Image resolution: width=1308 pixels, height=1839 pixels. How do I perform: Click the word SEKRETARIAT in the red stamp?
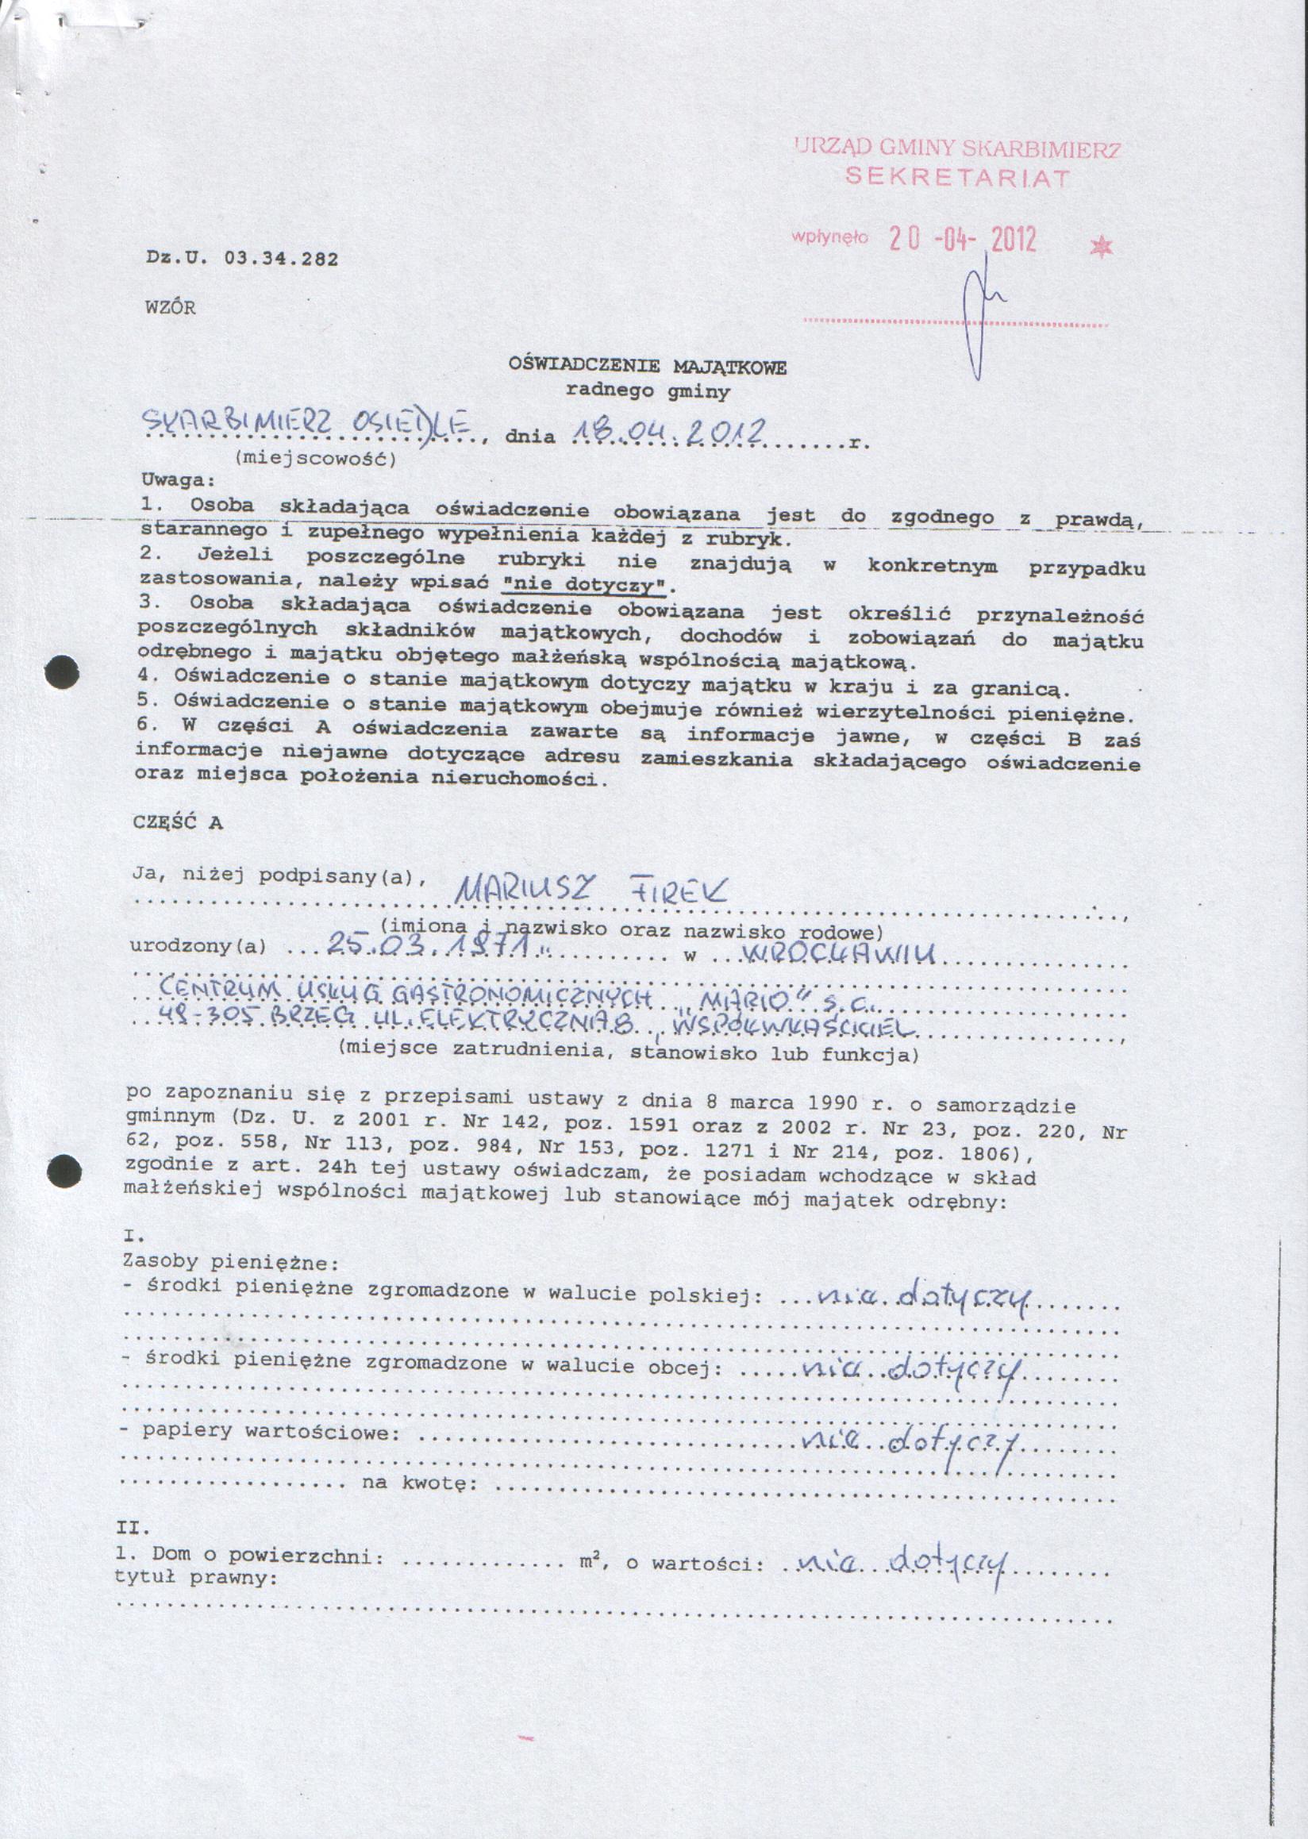(958, 177)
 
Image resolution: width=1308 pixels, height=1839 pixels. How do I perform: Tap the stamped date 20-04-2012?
(963, 239)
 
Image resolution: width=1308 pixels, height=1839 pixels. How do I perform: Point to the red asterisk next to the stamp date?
(1100, 248)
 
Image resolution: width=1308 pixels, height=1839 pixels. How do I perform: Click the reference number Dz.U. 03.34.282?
(241, 259)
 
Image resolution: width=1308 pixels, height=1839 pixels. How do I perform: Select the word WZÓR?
(170, 308)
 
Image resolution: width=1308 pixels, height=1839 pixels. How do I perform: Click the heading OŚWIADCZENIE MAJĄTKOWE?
(647, 367)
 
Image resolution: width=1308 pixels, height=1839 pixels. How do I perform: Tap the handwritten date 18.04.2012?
(667, 434)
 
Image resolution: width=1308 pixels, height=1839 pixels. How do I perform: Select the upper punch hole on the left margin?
(62, 672)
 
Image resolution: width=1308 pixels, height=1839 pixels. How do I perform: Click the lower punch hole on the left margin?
(63, 1171)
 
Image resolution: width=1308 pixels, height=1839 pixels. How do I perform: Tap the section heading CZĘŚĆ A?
(177, 822)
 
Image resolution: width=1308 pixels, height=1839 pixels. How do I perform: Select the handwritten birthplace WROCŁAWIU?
(839, 955)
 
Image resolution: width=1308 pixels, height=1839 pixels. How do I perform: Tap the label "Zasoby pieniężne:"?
(229, 1260)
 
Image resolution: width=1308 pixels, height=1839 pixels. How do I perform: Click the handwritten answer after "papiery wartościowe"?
(910, 1442)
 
